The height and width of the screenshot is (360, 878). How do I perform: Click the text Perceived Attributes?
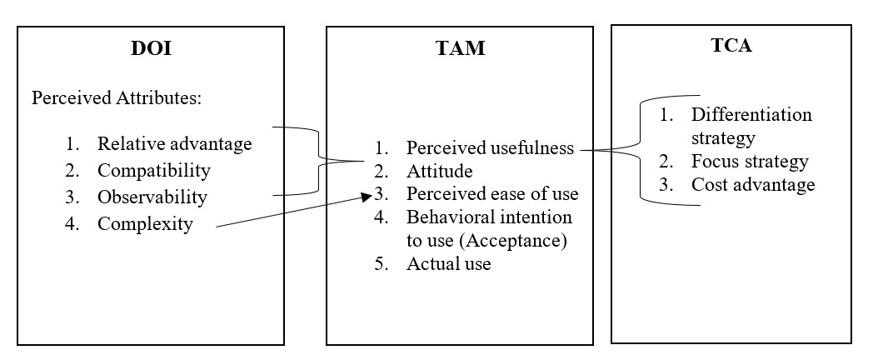(x=117, y=98)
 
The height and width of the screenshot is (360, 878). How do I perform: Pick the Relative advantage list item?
(x=174, y=143)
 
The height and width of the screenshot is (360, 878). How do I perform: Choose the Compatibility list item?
(x=154, y=171)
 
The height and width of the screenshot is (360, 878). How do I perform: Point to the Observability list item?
(x=152, y=197)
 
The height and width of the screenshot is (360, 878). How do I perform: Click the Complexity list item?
(x=145, y=223)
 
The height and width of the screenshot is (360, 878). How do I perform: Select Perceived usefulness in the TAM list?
(x=490, y=148)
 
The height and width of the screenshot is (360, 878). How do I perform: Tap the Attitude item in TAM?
(x=439, y=172)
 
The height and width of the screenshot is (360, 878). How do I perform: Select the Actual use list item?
(x=448, y=264)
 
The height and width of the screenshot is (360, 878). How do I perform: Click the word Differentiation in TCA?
(x=751, y=114)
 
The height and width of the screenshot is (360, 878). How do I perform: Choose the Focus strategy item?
(x=750, y=161)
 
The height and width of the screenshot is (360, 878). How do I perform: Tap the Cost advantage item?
(x=753, y=184)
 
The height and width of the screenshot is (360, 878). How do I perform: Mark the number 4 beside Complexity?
(x=72, y=223)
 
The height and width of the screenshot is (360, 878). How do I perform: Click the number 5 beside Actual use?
(x=382, y=264)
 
